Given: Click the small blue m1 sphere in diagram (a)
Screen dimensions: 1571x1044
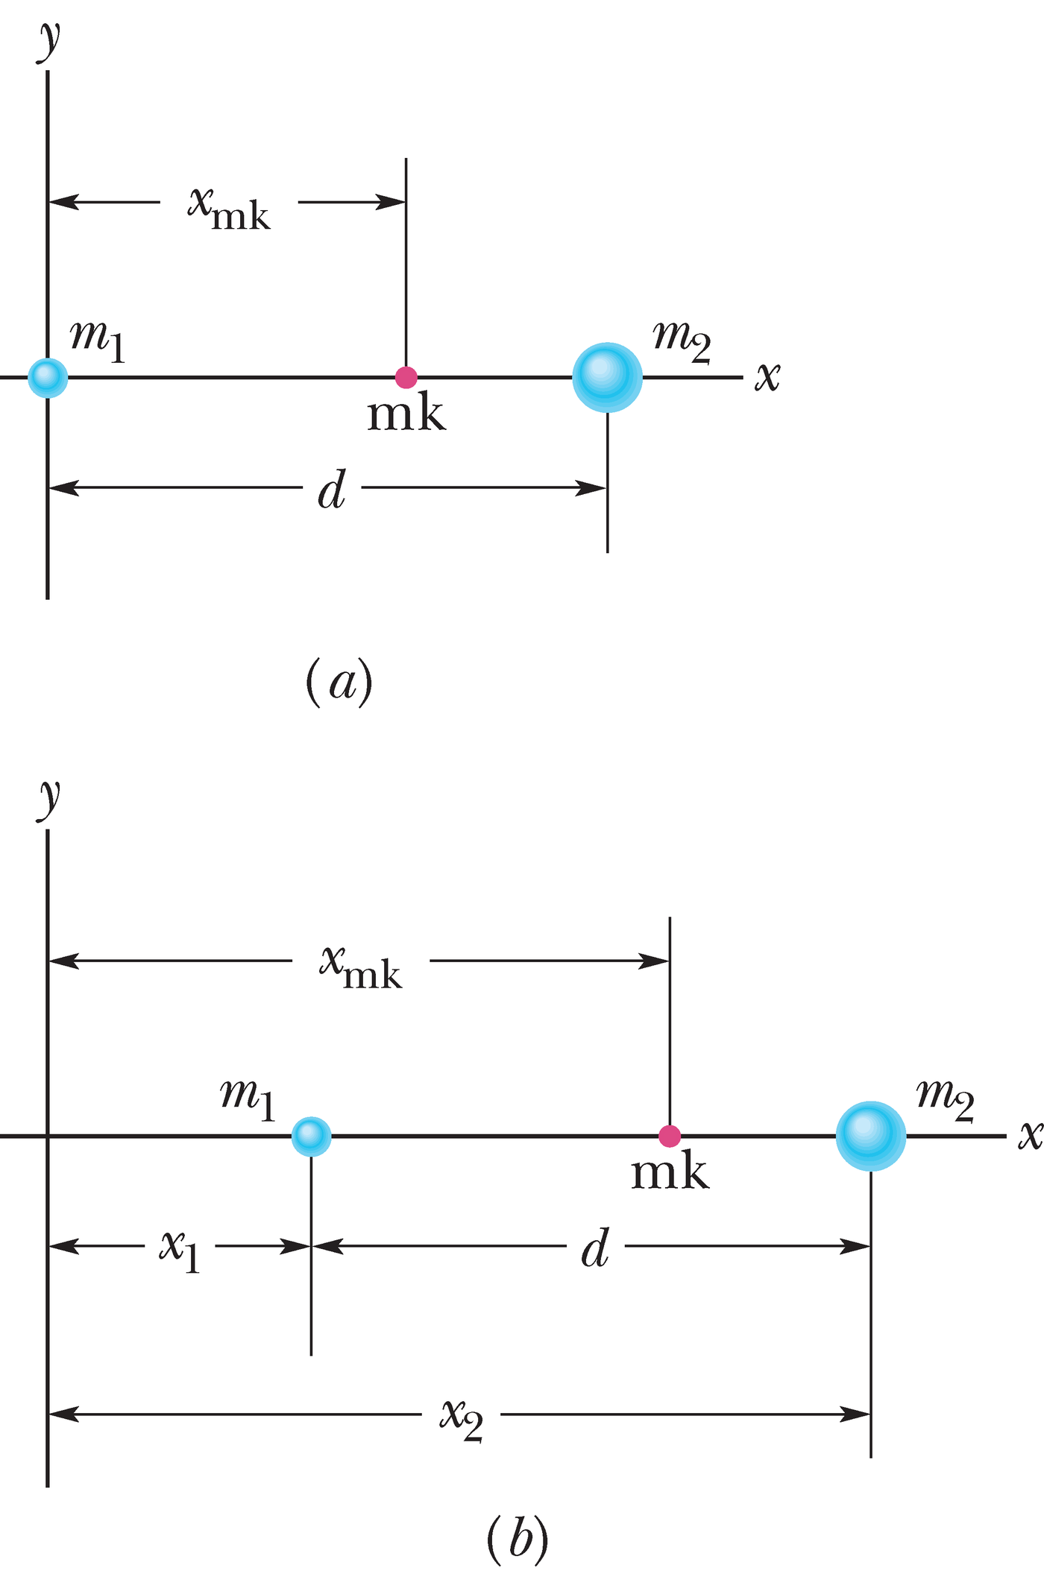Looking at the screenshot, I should pyautogui.click(x=48, y=377).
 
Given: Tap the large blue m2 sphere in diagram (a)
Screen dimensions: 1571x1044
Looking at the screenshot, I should pyautogui.click(x=607, y=377).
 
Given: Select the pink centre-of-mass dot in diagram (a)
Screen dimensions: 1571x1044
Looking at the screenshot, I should pyautogui.click(x=406, y=377).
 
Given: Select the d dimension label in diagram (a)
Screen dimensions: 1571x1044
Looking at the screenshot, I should pyautogui.click(x=332, y=491).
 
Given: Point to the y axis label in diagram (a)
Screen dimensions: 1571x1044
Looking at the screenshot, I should pyautogui.click(x=49, y=41).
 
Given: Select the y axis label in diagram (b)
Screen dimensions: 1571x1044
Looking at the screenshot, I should pyautogui.click(x=49, y=799).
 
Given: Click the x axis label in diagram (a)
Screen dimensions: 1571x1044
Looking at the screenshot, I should pyautogui.click(x=767, y=376).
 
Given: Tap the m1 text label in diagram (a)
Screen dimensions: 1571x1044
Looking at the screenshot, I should pyautogui.click(x=98, y=340).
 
